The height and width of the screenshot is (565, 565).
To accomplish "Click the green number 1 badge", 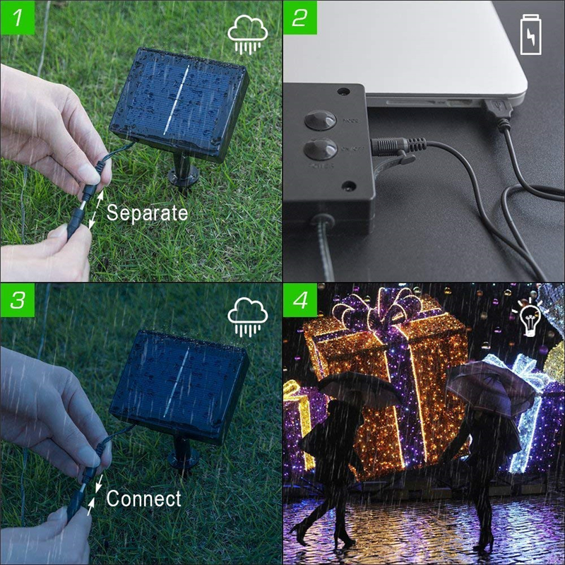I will point(17,17).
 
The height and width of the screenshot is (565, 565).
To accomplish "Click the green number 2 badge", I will point(299,17).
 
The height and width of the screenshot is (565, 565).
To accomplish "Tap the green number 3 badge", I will point(17,299).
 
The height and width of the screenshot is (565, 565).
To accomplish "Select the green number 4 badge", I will point(299,299).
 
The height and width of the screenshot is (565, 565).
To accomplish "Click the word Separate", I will point(147,213).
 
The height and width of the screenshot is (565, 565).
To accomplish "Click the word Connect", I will point(143,499).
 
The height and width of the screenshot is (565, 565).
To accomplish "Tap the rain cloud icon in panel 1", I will point(247,35).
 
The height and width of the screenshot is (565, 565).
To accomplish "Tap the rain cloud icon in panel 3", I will point(247,318).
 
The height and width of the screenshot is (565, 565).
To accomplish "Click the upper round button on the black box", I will point(320,119).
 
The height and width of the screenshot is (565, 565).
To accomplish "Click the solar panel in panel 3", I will point(179,384).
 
